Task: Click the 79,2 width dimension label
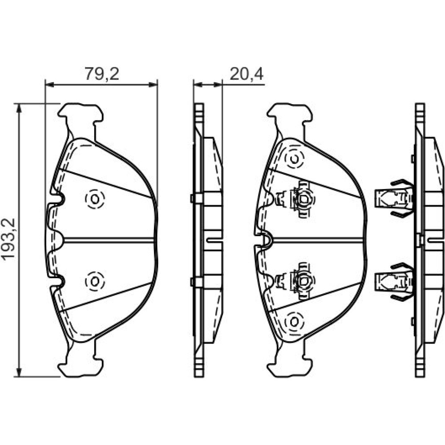(101, 74)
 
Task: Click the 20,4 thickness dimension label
(247, 74)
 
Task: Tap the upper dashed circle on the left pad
(95, 199)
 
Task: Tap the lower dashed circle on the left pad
(95, 281)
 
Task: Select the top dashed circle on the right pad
(294, 158)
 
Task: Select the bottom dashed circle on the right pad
(294, 322)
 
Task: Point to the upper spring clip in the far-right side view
(394, 198)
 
